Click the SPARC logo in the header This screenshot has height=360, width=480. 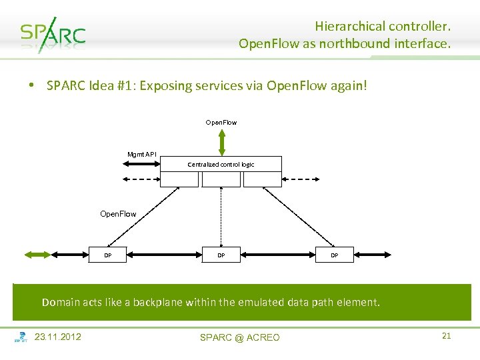52,35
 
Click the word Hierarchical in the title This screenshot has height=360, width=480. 351,27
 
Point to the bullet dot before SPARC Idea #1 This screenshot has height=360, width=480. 31,86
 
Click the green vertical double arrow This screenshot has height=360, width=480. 222,142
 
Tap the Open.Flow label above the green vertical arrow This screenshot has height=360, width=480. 221,123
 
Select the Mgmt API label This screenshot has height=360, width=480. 142,155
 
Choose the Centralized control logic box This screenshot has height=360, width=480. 221,164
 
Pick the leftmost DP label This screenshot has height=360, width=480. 107,255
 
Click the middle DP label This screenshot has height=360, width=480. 221,255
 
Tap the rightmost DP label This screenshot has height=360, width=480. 335,255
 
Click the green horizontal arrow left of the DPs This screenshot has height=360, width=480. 37,254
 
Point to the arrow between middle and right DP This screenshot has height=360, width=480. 278,254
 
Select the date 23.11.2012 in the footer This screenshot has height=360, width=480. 57,337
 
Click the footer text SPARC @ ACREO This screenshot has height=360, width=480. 240,337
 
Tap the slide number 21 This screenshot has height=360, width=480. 447,336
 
